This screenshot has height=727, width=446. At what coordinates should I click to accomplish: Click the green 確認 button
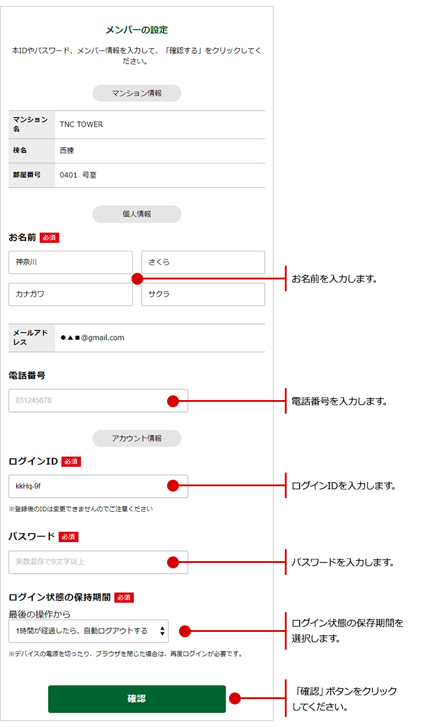click(x=137, y=698)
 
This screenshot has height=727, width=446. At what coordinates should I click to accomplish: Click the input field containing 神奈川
click(x=70, y=262)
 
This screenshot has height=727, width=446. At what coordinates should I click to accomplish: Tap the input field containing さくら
click(x=203, y=262)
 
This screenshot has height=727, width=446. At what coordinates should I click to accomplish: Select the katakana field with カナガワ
click(x=70, y=294)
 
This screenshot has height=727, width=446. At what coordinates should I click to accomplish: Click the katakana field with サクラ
click(x=203, y=294)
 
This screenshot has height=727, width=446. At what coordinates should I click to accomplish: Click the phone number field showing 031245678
click(x=98, y=401)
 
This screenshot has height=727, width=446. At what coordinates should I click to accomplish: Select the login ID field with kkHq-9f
click(x=98, y=486)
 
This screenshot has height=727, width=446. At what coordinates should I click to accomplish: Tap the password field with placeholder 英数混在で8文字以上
click(x=98, y=562)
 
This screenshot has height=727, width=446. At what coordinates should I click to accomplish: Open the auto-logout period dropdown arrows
click(x=162, y=631)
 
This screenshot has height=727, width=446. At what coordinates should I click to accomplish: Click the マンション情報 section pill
click(x=137, y=93)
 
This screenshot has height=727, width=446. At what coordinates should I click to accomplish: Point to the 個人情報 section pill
click(x=137, y=214)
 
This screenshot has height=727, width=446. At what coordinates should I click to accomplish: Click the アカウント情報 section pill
click(x=137, y=438)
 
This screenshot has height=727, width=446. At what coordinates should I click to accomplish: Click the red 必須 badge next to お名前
click(x=49, y=238)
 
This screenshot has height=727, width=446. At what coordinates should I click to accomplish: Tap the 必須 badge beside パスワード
click(x=68, y=537)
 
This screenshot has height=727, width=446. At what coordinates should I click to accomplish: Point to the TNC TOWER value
click(x=81, y=124)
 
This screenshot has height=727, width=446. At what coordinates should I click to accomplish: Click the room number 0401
click(x=68, y=175)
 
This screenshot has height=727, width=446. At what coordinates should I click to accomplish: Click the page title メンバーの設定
click(x=137, y=30)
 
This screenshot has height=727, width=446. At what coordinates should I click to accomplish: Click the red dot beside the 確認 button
click(x=235, y=698)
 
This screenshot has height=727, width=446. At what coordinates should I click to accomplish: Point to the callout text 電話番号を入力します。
click(x=339, y=401)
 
